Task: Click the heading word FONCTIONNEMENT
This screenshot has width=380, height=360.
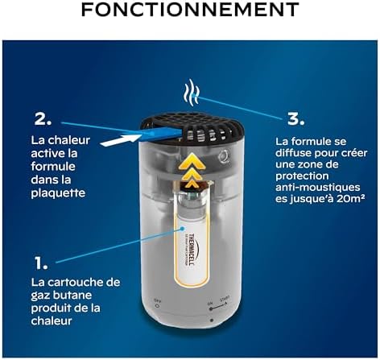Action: click(190, 13)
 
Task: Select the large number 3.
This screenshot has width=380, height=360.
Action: click(295, 118)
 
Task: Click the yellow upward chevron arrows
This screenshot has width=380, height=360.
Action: click(189, 166)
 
